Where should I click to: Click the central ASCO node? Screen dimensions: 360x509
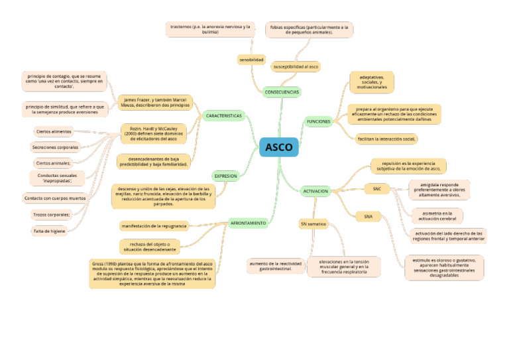point(279,147)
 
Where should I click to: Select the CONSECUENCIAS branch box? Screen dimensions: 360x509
point(282,91)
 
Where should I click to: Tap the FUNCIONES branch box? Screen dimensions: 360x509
point(318,121)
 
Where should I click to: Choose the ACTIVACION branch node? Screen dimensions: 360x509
point(315,191)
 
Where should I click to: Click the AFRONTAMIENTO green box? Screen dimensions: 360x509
point(249,223)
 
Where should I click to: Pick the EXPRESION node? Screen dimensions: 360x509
point(225,176)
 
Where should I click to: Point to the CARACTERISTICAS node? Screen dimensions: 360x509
point(224,116)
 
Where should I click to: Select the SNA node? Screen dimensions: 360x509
point(368,216)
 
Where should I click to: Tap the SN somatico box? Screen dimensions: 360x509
point(313,224)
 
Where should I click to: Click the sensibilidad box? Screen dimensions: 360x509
point(252,60)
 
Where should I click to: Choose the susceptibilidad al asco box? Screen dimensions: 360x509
point(296,67)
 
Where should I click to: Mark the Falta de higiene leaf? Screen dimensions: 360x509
point(49,231)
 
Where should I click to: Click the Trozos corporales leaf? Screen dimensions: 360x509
point(52,214)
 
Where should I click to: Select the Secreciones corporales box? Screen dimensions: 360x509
point(55,147)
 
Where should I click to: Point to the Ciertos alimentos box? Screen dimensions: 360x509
point(54,131)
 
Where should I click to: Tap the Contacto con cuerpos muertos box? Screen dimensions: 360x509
point(55,198)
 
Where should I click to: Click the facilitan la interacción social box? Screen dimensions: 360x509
point(386,139)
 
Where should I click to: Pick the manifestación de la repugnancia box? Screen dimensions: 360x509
point(154,226)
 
